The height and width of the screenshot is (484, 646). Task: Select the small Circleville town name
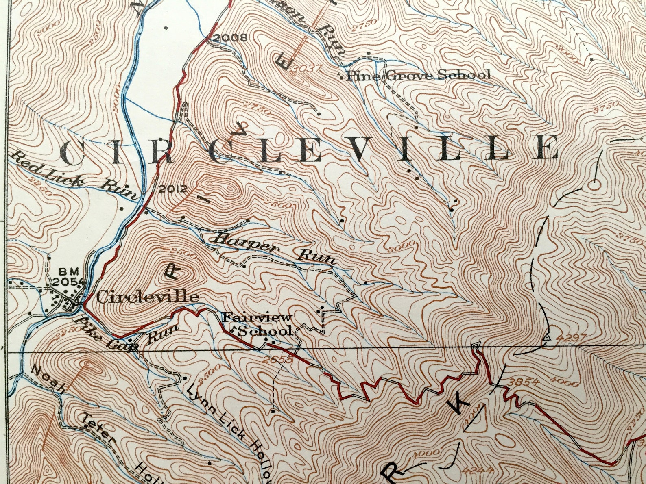147,297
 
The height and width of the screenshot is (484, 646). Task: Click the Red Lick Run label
73,175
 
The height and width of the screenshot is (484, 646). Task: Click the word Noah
48,379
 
